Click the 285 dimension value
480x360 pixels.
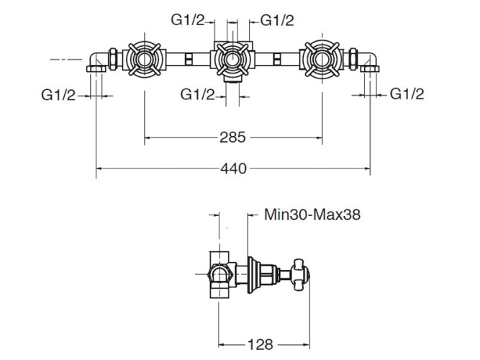pos(234,136)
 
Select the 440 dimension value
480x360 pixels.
pos(234,168)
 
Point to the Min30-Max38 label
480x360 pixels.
pos(312,214)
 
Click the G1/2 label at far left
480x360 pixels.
pos(58,94)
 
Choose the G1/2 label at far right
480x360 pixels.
pos(407,94)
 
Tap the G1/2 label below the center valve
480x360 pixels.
pos(197,94)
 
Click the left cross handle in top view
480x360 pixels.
pos(144,59)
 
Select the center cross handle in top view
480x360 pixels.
pos(233,59)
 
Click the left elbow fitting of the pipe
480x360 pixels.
pos(96,62)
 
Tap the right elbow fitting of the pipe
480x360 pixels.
pos(370,62)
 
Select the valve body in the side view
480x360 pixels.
pos(219,274)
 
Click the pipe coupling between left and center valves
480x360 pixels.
pos(188,59)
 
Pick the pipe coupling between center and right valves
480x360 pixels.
pos(278,59)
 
